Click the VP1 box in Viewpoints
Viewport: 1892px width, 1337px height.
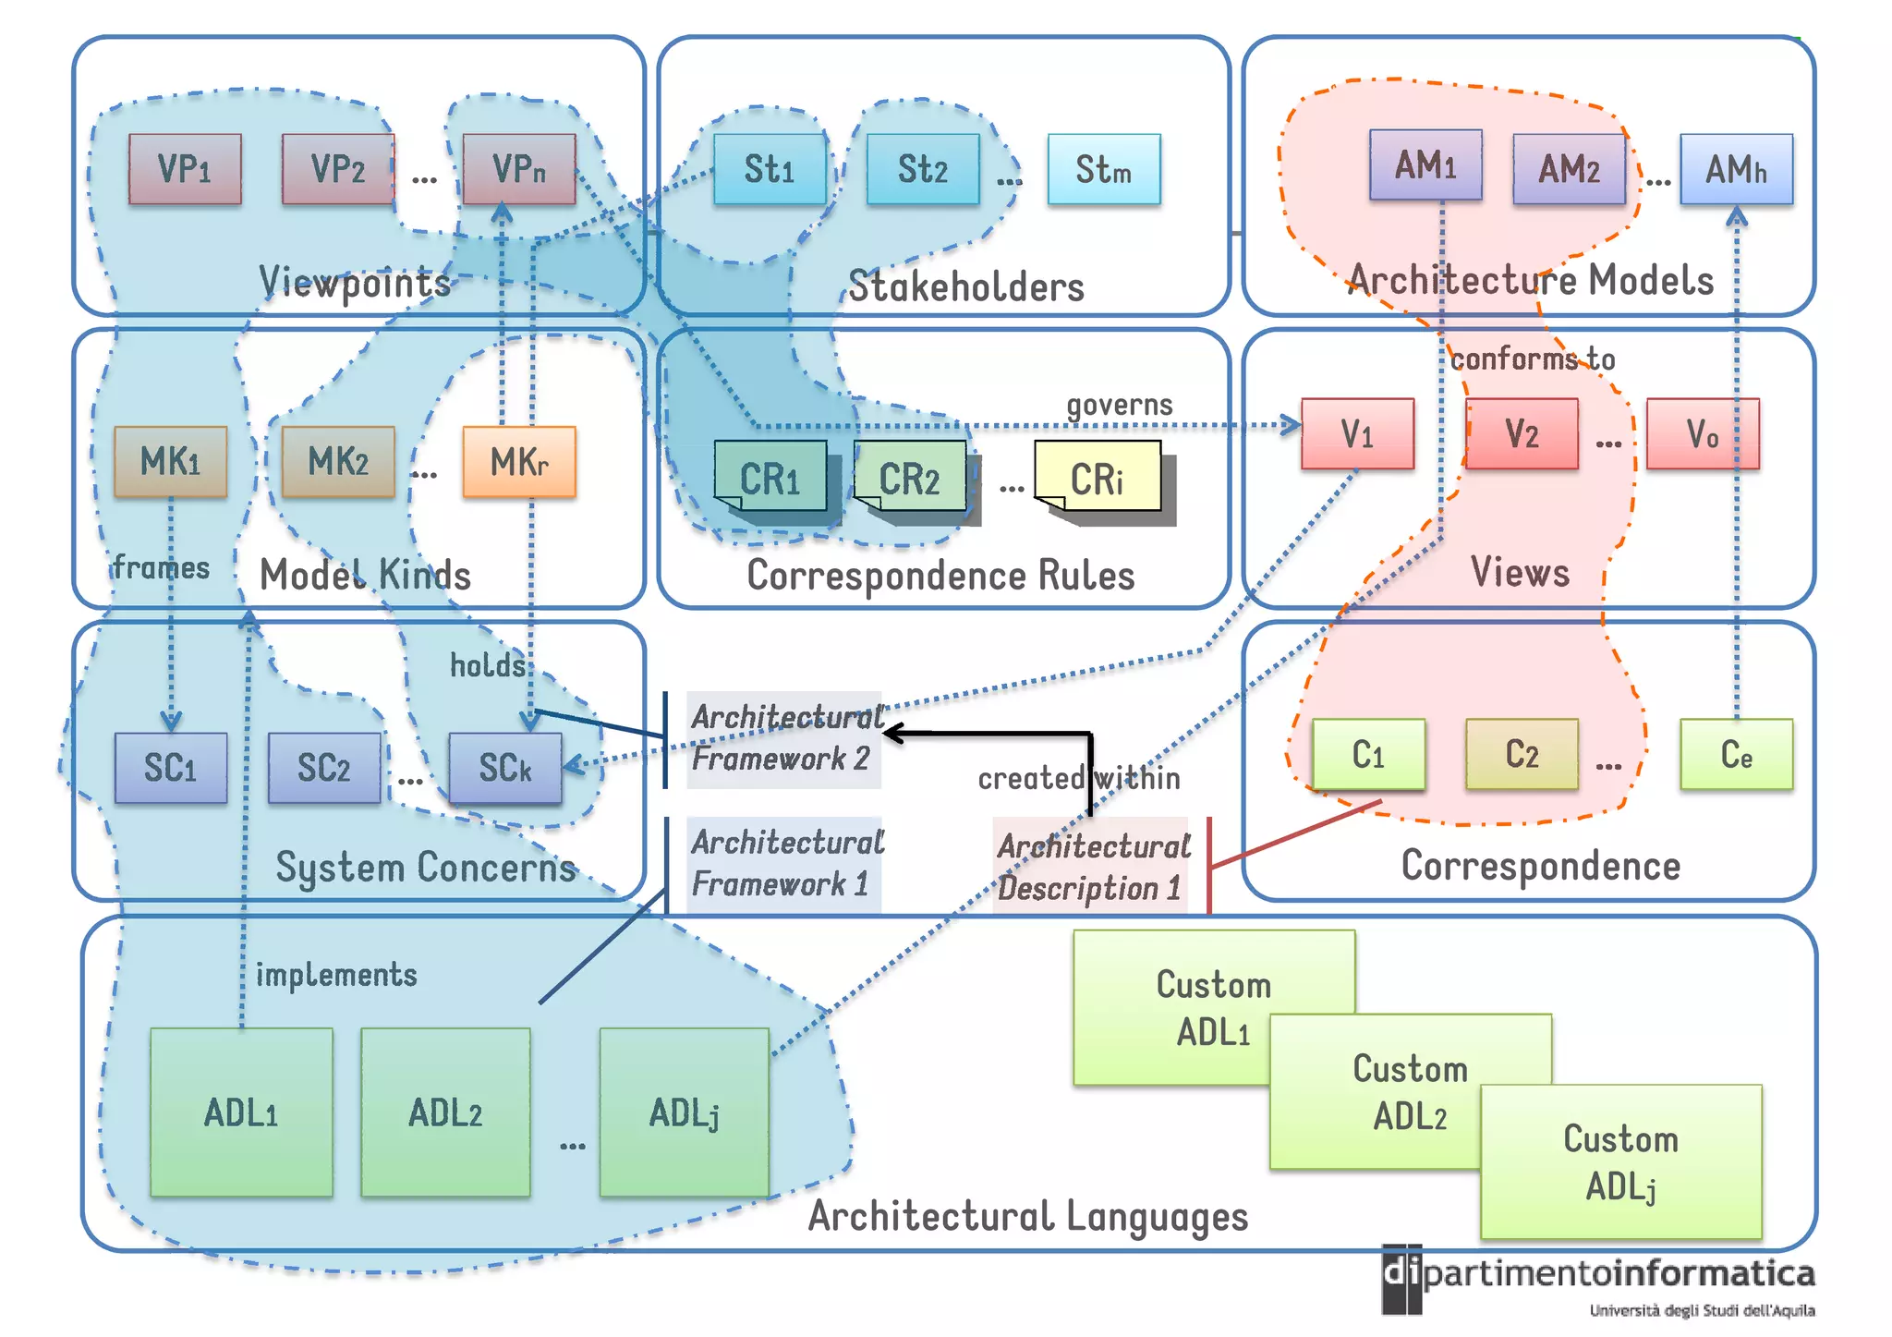point(185,168)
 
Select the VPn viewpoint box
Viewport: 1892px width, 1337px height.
point(519,168)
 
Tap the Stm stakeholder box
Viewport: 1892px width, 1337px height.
point(1103,169)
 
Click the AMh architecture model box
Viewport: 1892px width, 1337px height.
point(1736,169)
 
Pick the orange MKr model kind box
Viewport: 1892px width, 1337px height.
point(519,461)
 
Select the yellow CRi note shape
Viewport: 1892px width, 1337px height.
point(1098,477)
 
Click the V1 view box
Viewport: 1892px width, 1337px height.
point(1357,433)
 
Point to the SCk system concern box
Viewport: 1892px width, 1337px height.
point(505,768)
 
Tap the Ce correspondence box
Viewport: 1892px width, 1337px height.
point(1736,754)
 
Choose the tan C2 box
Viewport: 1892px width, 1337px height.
point(1522,754)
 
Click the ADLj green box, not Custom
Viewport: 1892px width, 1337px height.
point(684,1112)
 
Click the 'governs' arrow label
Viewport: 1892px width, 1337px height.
point(1119,405)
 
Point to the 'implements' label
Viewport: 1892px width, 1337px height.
point(336,975)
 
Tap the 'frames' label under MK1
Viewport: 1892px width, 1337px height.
point(162,566)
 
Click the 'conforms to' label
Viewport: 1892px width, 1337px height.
point(1533,359)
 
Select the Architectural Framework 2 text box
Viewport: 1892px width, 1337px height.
point(783,738)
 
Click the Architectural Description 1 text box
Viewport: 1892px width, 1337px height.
point(1092,867)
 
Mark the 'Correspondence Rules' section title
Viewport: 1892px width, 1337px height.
point(940,575)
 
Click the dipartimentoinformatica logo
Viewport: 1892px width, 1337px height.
point(1598,1280)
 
